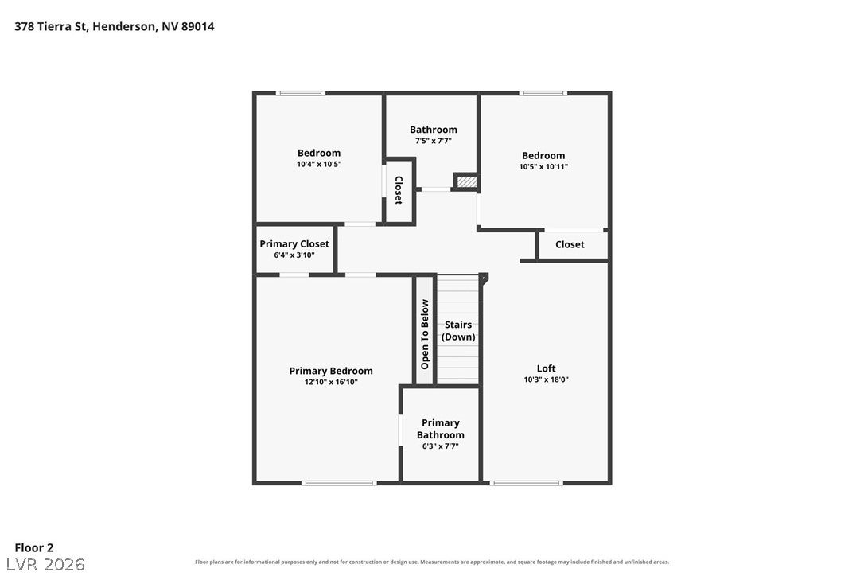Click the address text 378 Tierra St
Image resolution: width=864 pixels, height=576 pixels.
[x=51, y=26]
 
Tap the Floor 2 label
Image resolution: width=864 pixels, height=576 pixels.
[x=34, y=547]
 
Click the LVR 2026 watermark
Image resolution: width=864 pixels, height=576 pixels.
[x=45, y=564]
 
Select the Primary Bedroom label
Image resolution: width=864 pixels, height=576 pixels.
[x=331, y=371]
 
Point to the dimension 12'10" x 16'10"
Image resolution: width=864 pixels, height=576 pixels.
[x=331, y=382]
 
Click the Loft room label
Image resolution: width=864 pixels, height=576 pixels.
[x=546, y=368]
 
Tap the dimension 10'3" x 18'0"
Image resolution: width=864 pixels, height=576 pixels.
[x=546, y=379]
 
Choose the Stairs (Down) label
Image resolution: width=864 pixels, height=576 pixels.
[x=458, y=331]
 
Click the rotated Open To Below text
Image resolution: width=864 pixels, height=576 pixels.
[x=425, y=334]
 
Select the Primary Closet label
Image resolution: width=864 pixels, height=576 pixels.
[x=294, y=243]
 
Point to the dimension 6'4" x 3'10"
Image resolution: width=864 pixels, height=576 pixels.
[x=294, y=255]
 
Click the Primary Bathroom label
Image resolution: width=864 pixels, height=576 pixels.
[x=440, y=429]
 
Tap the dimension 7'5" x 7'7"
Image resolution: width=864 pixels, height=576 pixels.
[x=433, y=141]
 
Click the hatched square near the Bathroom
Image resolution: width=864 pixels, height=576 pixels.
[x=466, y=181]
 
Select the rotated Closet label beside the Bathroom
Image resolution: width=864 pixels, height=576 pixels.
[x=399, y=190]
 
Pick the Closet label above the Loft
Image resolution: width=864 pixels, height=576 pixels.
[x=570, y=244]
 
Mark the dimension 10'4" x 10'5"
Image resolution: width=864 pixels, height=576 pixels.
[x=319, y=164]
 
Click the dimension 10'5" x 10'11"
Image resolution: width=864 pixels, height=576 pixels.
[x=543, y=167]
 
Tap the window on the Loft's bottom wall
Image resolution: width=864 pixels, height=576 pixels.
[x=526, y=483]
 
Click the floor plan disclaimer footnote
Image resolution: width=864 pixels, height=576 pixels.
[x=432, y=562]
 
